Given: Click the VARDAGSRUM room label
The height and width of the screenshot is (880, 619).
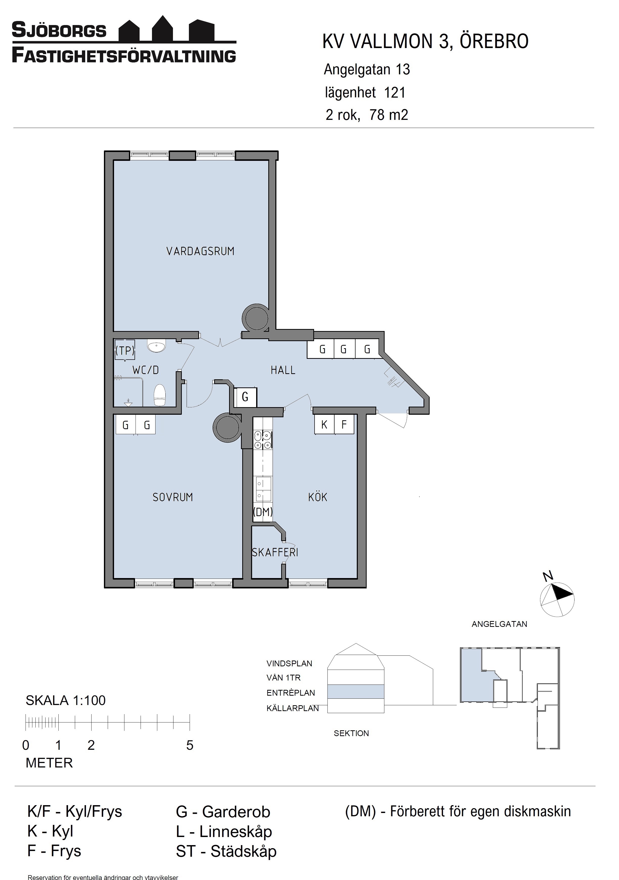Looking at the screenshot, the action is pyautogui.click(x=200, y=251).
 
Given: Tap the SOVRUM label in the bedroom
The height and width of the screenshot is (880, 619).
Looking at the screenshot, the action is pyautogui.click(x=172, y=497).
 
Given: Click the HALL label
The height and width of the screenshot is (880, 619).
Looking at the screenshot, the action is pyautogui.click(x=283, y=370).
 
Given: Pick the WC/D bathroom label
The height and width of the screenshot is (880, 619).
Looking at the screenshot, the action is pyautogui.click(x=146, y=370).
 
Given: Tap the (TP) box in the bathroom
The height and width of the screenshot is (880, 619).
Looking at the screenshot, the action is pyautogui.click(x=125, y=350).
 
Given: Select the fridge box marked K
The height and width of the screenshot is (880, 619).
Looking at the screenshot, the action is pyautogui.click(x=324, y=425).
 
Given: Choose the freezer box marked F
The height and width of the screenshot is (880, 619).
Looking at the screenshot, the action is pyautogui.click(x=344, y=425).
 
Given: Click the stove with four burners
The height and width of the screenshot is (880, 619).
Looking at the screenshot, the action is pyautogui.click(x=262, y=439).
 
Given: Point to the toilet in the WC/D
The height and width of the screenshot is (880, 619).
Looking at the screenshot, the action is pyautogui.click(x=160, y=395).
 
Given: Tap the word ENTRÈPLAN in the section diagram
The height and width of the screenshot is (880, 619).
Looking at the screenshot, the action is pyautogui.click(x=291, y=693).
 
